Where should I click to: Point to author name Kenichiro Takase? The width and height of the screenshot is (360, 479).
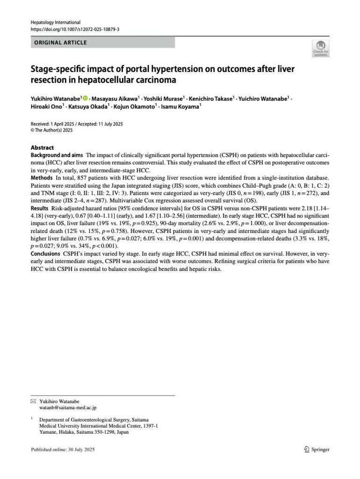pos(210,99)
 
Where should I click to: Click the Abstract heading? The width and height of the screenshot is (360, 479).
pos(42,148)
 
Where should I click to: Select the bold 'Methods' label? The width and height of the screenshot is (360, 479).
pos(41,179)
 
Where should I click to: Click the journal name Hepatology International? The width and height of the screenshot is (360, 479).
pos(55,22)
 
